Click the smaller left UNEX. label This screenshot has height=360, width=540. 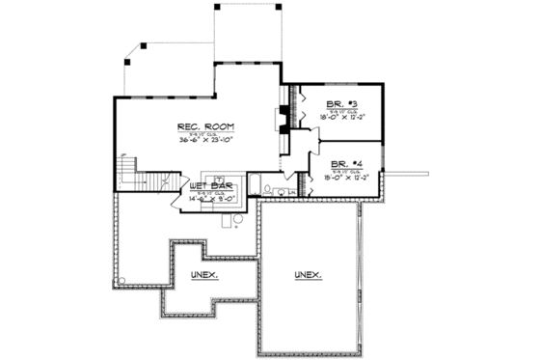[204, 275]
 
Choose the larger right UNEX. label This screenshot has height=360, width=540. [309, 275]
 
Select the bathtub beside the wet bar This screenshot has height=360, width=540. [259, 184]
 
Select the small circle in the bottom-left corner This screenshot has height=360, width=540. [121, 282]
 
